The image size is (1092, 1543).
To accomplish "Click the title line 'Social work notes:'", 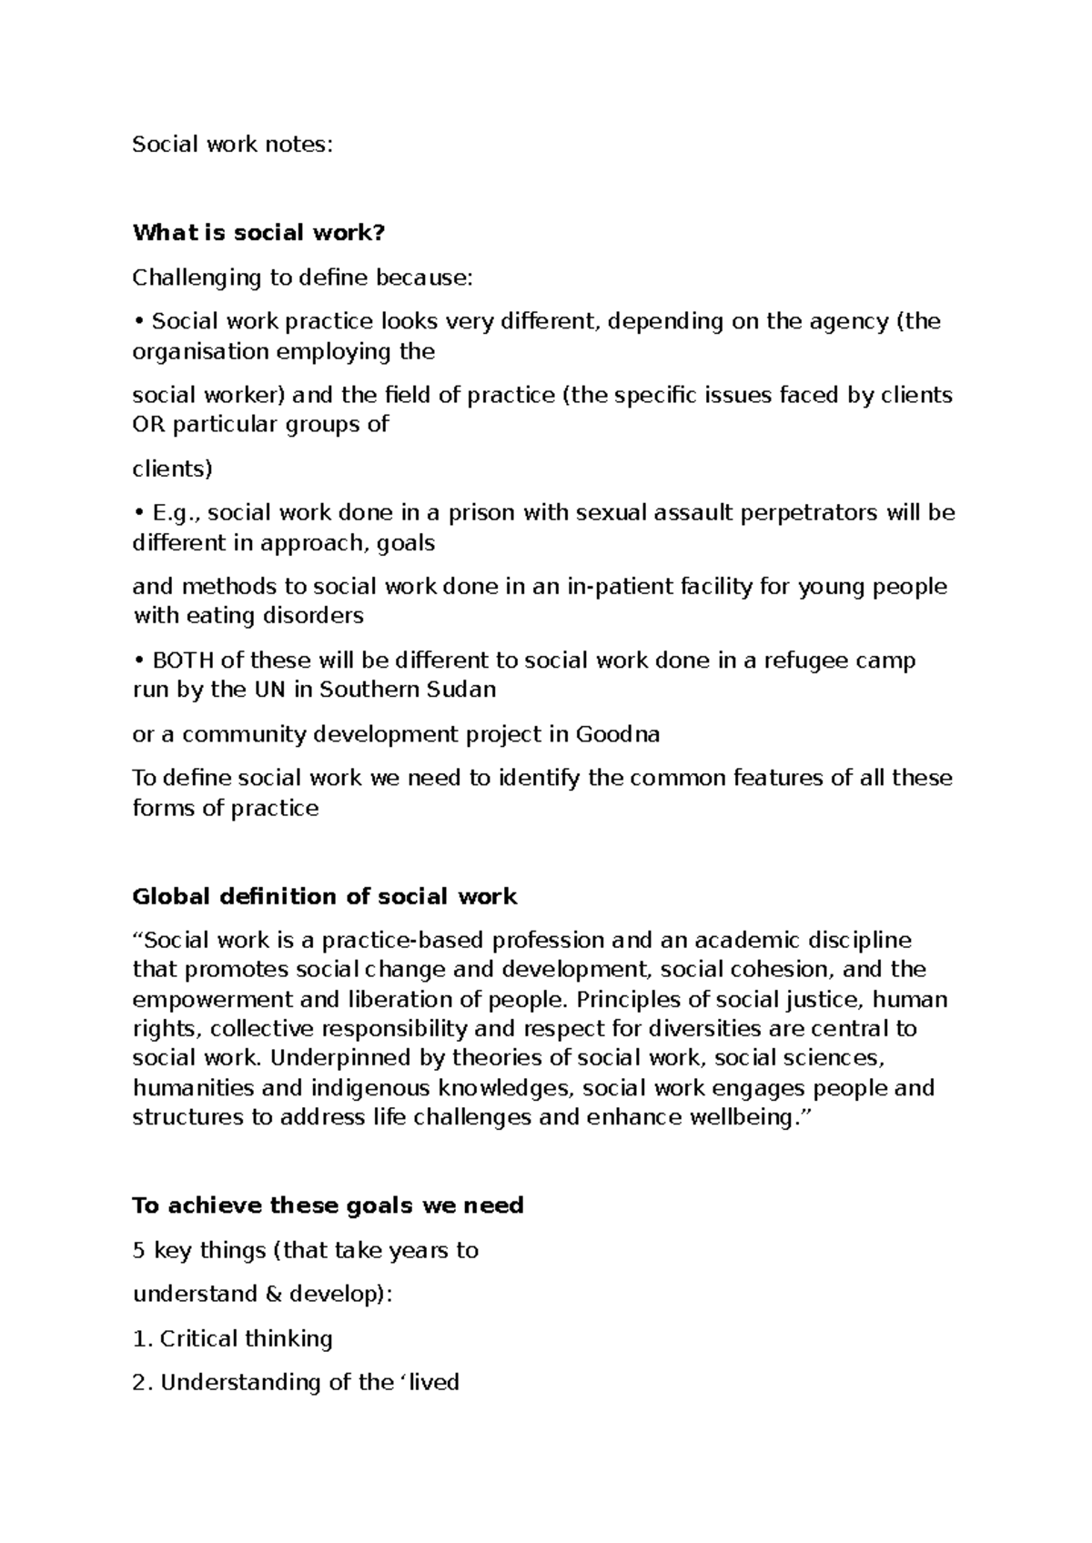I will click(x=233, y=145).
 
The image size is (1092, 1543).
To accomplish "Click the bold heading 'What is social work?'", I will click(x=259, y=233).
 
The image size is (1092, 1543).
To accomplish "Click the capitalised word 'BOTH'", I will click(x=182, y=661).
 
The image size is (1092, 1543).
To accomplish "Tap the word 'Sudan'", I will click(x=460, y=690).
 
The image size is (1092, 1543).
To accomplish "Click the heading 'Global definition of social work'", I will click(x=325, y=897).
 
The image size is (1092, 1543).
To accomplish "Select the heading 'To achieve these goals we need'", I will click(x=328, y=1206).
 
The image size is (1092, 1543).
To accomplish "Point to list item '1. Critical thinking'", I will click(x=233, y=1339).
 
